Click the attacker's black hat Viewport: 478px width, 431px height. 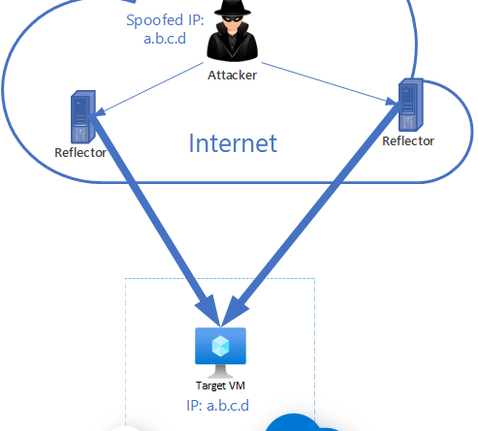233,8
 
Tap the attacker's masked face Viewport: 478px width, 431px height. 232,23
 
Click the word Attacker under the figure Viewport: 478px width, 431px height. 232,76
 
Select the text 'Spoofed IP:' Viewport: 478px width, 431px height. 165,20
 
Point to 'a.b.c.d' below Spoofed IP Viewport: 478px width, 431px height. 165,39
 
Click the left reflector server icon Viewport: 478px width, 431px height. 83,116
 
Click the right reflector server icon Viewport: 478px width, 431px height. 411,105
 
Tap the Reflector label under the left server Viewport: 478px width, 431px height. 80,153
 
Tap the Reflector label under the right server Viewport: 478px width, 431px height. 408,141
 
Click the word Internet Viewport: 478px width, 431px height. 233,143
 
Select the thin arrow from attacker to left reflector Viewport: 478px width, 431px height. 149,89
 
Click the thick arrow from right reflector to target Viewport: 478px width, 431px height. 312,214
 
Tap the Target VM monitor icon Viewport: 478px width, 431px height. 220,353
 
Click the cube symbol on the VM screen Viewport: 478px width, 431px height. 220,346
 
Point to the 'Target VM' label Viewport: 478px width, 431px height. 220,385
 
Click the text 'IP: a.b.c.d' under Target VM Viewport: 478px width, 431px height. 218,406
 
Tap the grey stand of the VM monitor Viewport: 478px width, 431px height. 220,371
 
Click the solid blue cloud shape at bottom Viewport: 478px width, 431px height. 298,423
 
